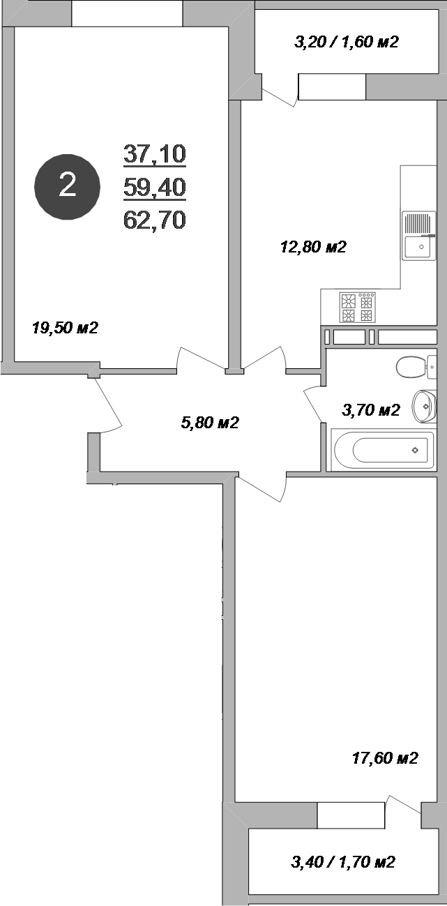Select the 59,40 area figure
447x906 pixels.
tap(155, 186)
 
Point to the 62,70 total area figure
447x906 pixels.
tap(155, 220)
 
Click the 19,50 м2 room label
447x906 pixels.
tap(65, 328)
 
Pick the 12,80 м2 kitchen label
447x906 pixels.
tap(313, 247)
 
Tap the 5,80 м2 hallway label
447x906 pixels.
tap(210, 423)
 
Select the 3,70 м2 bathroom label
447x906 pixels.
tap(370, 410)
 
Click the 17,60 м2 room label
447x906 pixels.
tap(384, 758)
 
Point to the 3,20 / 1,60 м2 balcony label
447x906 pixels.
tap(347, 43)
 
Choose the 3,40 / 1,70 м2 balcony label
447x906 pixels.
tap(343, 863)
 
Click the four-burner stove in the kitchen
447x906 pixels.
tap(357, 308)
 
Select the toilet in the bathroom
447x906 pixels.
tap(413, 365)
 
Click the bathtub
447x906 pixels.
tap(384, 451)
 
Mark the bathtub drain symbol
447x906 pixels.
tap(415, 451)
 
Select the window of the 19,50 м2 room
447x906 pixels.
tap(127, 13)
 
